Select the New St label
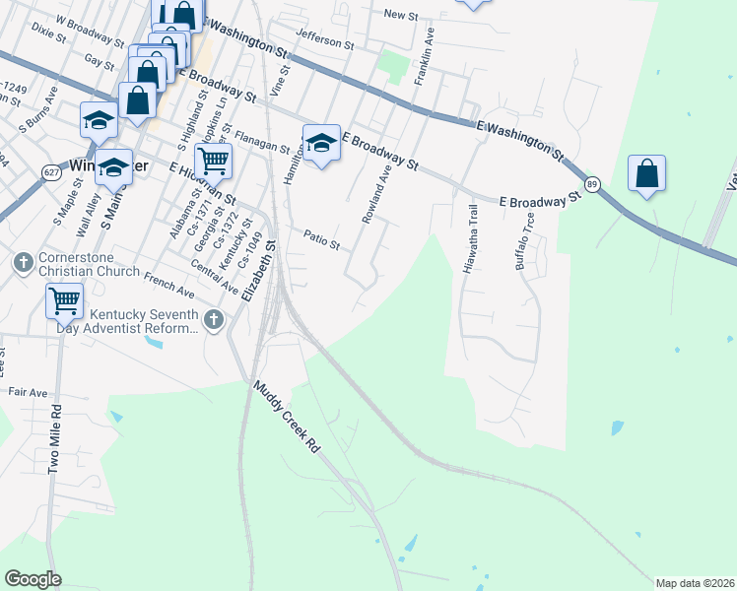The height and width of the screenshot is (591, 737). [x=401, y=14]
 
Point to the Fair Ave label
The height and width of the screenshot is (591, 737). [x=28, y=392]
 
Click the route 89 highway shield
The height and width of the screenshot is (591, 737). [x=592, y=184]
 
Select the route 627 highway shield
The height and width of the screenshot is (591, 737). [x=51, y=172]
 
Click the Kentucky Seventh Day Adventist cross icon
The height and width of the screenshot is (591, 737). [x=214, y=319]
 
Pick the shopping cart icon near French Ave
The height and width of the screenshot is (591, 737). [x=64, y=300]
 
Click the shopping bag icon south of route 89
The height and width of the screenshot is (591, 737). [x=646, y=174]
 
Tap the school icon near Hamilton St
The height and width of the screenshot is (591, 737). [x=321, y=144]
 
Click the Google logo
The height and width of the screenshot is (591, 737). [x=33, y=579]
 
